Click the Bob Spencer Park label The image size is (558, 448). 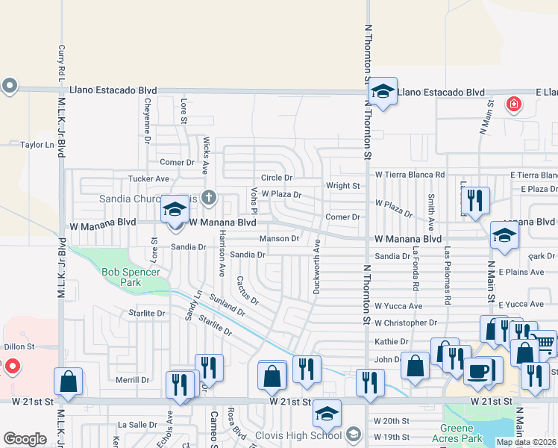point(131,278)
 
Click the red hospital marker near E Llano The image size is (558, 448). point(512,104)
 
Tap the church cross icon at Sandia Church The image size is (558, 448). point(210,198)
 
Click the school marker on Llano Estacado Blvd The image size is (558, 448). point(383,93)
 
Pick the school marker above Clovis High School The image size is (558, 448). point(327,413)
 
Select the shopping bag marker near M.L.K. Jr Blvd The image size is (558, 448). point(69,381)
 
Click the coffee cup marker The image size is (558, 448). point(477,371)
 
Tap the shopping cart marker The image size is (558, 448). point(545,343)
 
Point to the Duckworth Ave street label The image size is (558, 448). point(317,266)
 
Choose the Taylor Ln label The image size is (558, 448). point(38,145)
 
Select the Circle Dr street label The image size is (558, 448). point(276,178)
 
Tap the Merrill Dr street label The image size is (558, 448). point(134,380)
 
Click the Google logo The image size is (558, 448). point(25,439)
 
